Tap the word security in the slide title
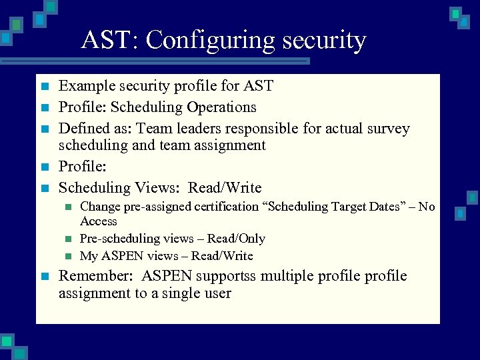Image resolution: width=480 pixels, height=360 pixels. [x=324, y=41]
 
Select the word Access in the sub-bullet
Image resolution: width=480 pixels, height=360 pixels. [x=99, y=221]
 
